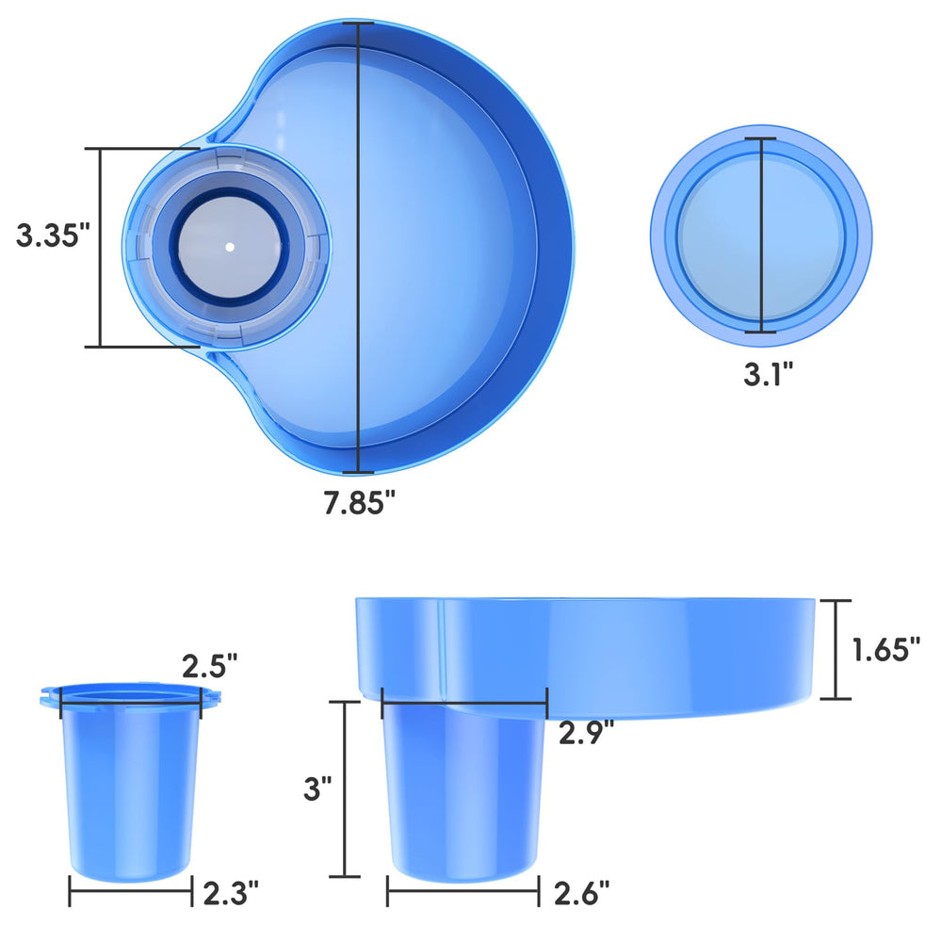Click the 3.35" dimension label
click(52, 235)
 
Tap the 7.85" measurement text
click(360, 502)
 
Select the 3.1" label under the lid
click(769, 374)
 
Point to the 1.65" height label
click(886, 649)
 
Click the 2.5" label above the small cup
click(210, 666)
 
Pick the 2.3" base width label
click(231, 893)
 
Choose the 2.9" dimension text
click(586, 732)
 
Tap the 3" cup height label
click(317, 788)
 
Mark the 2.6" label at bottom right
click(581, 893)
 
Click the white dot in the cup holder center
click(230, 246)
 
